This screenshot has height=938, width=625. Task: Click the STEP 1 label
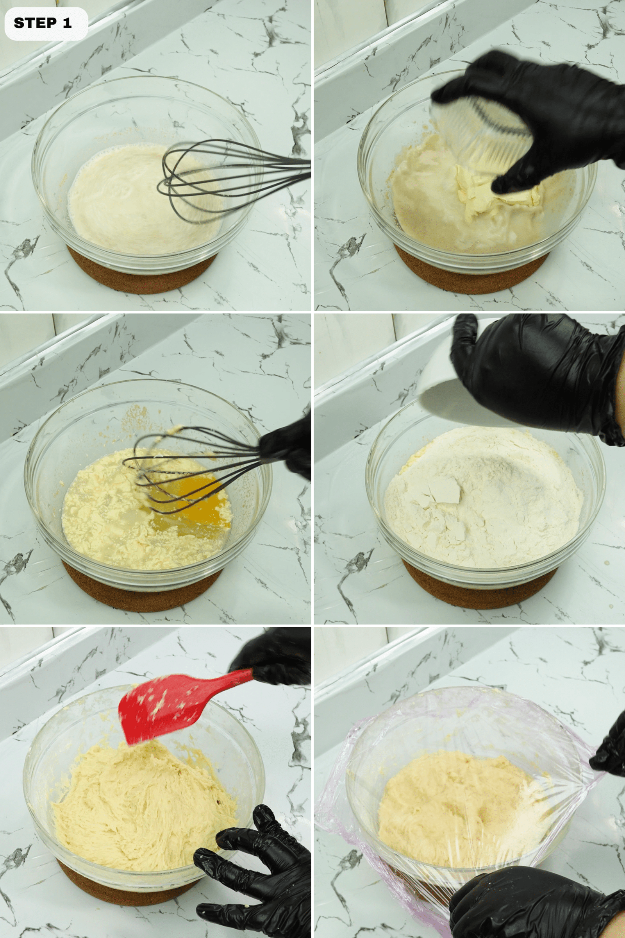click(43, 23)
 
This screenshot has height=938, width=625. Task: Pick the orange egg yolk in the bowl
click(187, 490)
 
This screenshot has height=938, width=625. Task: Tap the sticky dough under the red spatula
click(143, 798)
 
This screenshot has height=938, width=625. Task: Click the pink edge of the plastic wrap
click(339, 794)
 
